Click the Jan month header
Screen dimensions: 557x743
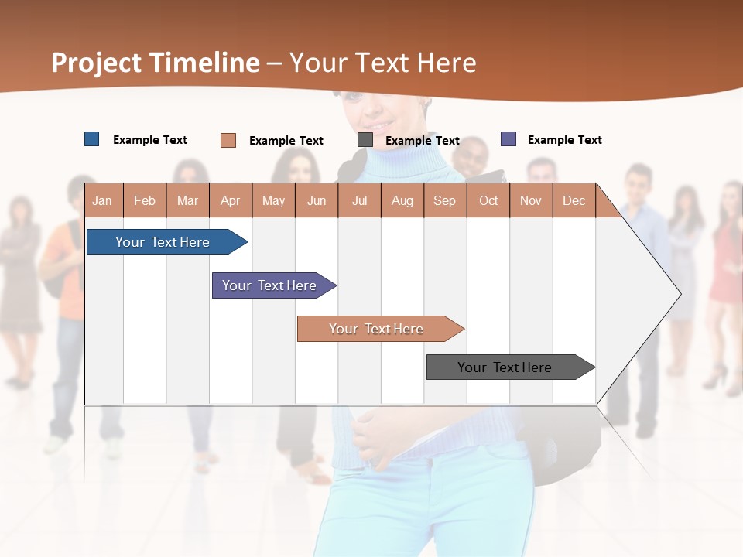coord(102,200)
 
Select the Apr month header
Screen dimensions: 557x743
coord(230,200)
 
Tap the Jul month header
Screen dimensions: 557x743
coord(359,200)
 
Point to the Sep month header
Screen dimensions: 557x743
coord(444,200)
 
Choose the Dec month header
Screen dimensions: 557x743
coord(574,200)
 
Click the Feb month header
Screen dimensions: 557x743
coord(145,200)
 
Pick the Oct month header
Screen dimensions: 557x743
coord(488,200)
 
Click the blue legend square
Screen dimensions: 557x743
coord(92,139)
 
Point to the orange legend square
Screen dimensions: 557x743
coord(228,140)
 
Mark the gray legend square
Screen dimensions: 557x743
coord(365,140)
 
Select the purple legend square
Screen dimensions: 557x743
coord(508,139)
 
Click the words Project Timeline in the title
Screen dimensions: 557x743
coord(156,63)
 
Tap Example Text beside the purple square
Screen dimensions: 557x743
coord(564,140)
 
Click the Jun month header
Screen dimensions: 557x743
coord(317,200)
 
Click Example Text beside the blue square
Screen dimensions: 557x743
coord(150,140)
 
